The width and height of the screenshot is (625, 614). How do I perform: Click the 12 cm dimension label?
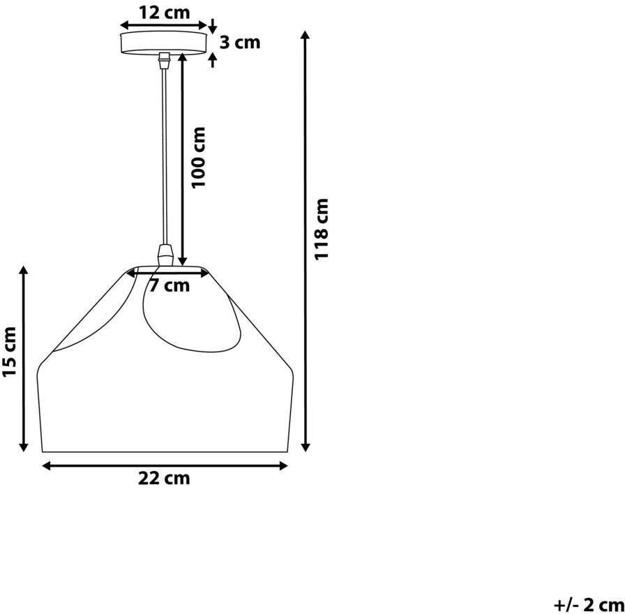[164, 13]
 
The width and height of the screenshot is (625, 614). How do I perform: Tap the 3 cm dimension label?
[240, 43]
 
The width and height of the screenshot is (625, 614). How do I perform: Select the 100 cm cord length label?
[198, 157]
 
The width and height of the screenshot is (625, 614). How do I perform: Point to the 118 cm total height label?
[321, 230]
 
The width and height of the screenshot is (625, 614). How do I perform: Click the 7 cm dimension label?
[170, 285]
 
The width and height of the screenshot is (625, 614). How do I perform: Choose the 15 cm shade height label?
[9, 352]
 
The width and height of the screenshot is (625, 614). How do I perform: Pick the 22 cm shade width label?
[164, 478]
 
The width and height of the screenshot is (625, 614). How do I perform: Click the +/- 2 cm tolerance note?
[589, 605]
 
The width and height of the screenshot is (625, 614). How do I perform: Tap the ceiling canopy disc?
[163, 43]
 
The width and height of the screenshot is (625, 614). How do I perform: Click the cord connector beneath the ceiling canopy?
[163, 61]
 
